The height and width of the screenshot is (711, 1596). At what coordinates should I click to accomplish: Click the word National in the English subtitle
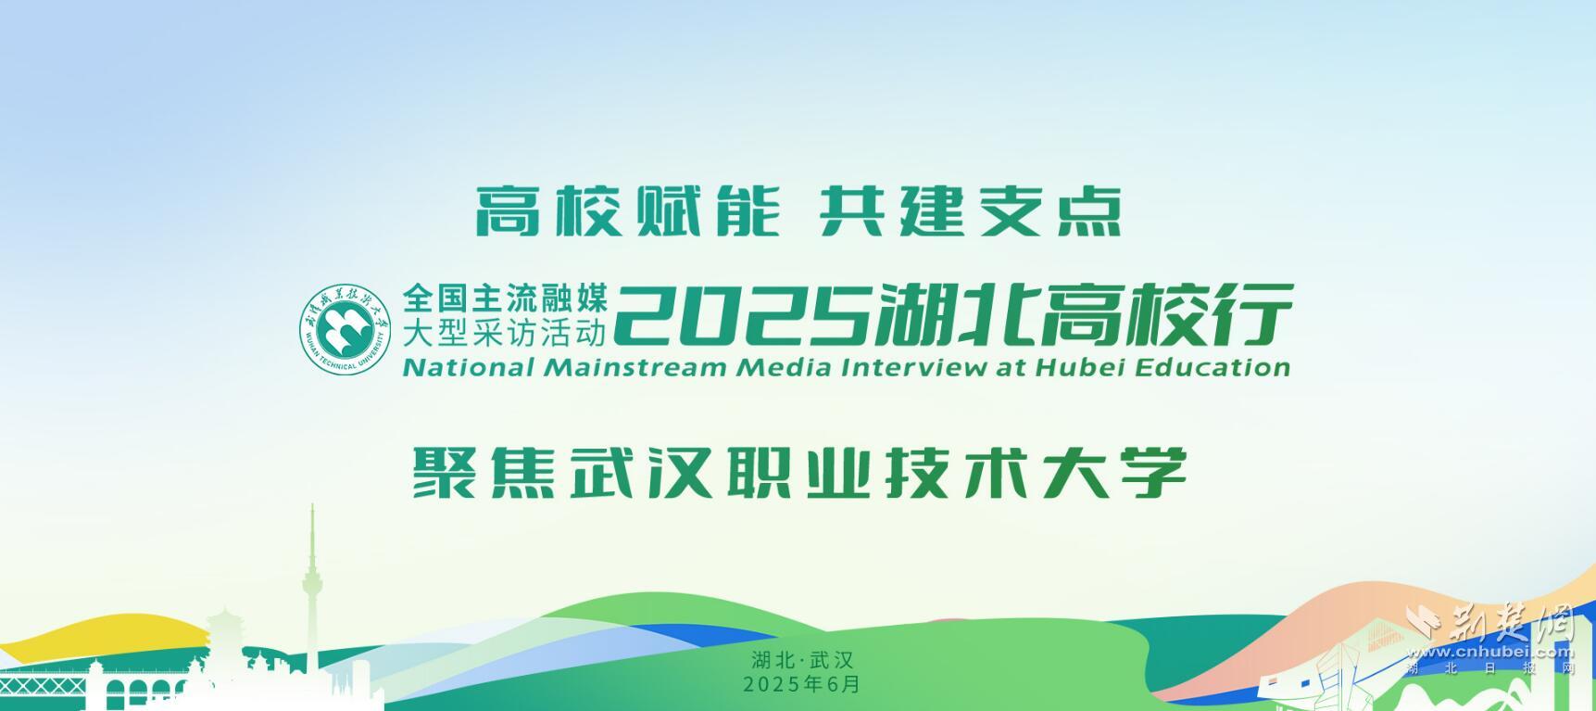[x=469, y=367]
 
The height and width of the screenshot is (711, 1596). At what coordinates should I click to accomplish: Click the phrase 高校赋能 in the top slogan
[x=626, y=211]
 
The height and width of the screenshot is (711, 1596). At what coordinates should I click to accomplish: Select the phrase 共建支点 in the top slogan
[x=970, y=211]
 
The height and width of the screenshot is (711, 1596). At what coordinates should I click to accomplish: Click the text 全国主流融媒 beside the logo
[x=505, y=298]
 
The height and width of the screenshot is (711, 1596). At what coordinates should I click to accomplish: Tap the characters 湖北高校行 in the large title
[x=1083, y=314]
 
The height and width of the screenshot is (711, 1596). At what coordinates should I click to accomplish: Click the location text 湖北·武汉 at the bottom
[x=802, y=661]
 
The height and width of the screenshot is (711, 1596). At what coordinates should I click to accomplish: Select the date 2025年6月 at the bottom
[x=802, y=684]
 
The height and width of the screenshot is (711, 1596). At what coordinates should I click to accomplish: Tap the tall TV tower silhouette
[x=312, y=593]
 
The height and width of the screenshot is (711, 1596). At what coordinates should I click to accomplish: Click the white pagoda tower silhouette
[x=224, y=649]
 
